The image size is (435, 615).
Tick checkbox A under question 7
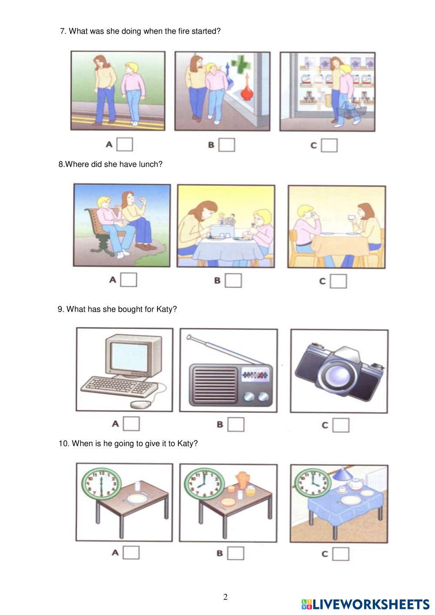click(x=124, y=145)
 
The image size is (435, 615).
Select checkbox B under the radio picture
click(x=236, y=424)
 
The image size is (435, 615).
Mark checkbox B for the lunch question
click(x=233, y=280)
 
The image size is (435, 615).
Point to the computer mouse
click(x=141, y=404)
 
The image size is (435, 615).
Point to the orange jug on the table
click(x=243, y=481)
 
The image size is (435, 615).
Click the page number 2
click(x=225, y=597)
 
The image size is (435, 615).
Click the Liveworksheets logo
click(x=365, y=604)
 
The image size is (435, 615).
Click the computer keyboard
click(x=119, y=386)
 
